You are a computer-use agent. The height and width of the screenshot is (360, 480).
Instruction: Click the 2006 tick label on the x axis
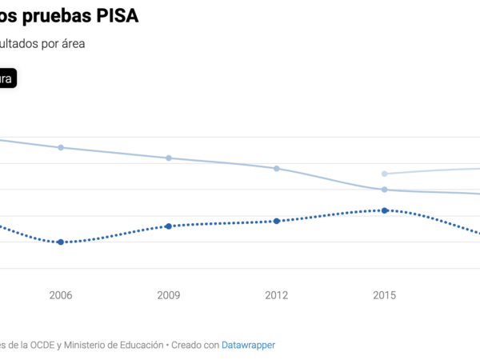pyautogui.click(x=61, y=295)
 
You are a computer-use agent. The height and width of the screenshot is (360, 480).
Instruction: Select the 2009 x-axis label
pyautogui.click(x=169, y=295)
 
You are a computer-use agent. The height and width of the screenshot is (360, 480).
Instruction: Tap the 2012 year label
pyautogui.click(x=277, y=295)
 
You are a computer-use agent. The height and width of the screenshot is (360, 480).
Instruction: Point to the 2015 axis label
pyautogui.click(x=385, y=295)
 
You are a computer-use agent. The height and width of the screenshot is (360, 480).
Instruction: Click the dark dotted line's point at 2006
pyautogui.click(x=61, y=242)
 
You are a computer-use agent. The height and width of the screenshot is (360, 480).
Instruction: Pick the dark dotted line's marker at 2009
pyautogui.click(x=169, y=226)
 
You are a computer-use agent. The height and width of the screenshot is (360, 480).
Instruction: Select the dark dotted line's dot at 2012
pyautogui.click(x=277, y=221)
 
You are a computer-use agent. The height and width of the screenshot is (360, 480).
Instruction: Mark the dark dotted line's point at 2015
pyautogui.click(x=385, y=210)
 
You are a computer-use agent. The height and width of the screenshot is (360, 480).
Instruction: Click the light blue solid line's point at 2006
pyautogui.click(x=61, y=148)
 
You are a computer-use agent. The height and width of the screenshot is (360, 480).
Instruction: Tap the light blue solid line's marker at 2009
pyautogui.click(x=169, y=158)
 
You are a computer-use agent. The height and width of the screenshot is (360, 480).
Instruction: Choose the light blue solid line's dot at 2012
pyautogui.click(x=277, y=169)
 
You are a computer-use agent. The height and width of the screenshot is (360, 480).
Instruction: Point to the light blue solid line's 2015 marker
pyautogui.click(x=385, y=190)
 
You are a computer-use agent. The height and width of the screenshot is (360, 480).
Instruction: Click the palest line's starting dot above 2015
pyautogui.click(x=385, y=174)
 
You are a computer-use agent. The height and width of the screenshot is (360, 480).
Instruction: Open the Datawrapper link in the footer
pyautogui.click(x=248, y=345)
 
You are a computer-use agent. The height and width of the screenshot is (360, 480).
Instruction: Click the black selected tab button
pyautogui.click(x=7, y=78)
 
